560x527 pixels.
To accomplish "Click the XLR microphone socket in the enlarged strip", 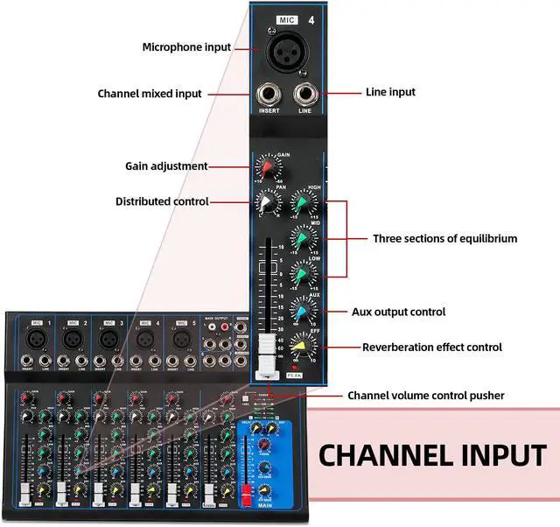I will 288,53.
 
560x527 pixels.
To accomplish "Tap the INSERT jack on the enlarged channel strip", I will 269,94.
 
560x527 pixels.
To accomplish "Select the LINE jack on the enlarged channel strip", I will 305,94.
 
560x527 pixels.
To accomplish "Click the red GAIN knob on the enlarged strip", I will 269,167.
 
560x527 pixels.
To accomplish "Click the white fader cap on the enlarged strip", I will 266,355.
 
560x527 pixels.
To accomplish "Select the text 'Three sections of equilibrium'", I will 444,238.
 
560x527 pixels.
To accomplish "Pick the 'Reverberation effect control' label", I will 432,348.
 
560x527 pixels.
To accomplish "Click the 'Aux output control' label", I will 398,312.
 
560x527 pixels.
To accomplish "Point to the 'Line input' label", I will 389,92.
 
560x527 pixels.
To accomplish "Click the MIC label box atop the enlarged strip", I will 287,18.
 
